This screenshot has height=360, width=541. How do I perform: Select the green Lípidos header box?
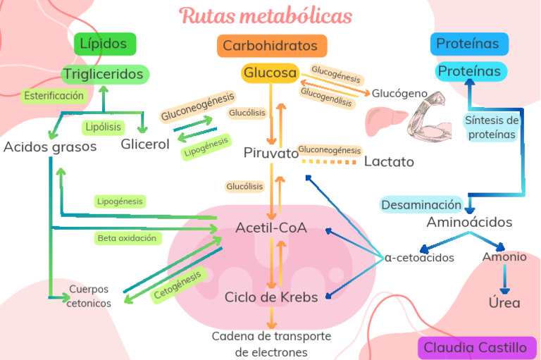[x=104, y=44]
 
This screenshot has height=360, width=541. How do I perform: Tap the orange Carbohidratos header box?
[x=270, y=46]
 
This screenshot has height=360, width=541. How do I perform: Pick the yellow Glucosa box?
[x=270, y=73]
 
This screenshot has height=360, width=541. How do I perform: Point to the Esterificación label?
[x=53, y=96]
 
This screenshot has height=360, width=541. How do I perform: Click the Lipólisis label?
[x=103, y=128]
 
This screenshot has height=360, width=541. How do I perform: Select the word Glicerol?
[x=145, y=144]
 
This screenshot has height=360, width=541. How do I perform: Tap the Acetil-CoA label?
[x=270, y=228]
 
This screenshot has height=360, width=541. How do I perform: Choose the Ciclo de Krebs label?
[x=271, y=297]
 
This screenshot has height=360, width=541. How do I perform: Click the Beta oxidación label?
[x=128, y=238]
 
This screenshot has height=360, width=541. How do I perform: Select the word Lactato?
[x=389, y=162]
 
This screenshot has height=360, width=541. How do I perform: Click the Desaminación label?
[x=421, y=205]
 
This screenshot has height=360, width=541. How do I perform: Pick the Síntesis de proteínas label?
[x=492, y=128]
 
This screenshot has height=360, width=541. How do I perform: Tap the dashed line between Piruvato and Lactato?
[x=330, y=162]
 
